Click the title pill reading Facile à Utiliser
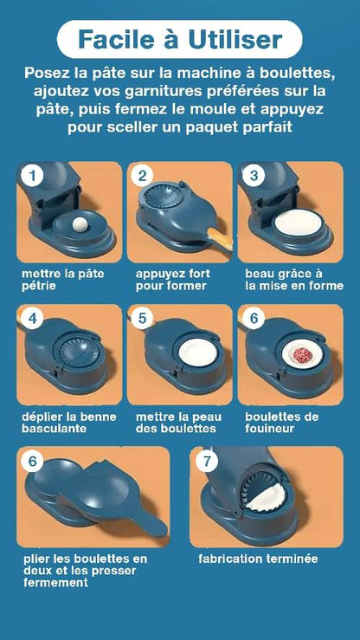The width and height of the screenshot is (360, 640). point(179,39)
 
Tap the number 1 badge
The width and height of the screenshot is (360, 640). point(33,176)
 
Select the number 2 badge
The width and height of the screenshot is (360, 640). point(142,176)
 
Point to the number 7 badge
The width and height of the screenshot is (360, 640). point(208,462)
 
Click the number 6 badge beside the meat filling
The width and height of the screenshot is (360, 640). point(254,319)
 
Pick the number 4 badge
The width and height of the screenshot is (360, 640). point(33,319)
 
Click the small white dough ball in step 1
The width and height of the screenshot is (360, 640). point(80,223)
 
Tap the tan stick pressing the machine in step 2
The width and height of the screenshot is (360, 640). point(221,239)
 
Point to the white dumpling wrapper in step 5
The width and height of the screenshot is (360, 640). point(198,352)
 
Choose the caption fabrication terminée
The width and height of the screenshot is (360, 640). point(258,559)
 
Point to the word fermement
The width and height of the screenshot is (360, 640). point(56,583)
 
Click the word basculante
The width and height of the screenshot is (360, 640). point(54,429)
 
